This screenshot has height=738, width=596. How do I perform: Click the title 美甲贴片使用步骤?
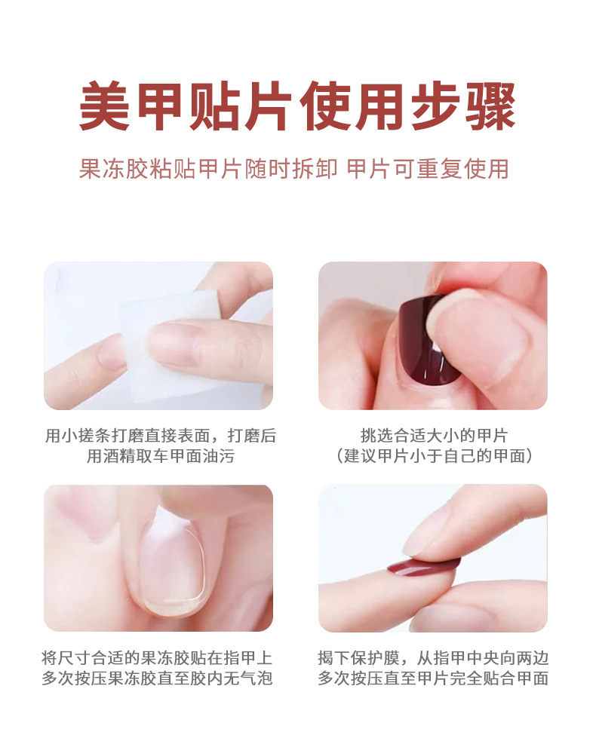(297, 107)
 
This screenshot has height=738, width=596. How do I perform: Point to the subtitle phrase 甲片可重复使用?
(428, 168)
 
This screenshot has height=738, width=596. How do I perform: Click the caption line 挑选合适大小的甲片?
(433, 436)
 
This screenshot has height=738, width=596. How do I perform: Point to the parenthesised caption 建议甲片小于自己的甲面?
(433, 456)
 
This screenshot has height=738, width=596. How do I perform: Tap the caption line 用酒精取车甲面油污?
(160, 456)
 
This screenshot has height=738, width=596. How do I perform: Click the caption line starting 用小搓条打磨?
(160, 436)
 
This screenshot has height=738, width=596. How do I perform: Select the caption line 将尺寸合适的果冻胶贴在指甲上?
(158, 658)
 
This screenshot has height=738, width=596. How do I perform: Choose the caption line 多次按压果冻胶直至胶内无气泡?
(158, 678)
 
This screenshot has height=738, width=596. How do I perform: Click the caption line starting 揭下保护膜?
(433, 658)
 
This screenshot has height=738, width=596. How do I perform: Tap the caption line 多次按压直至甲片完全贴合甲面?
(433, 678)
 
